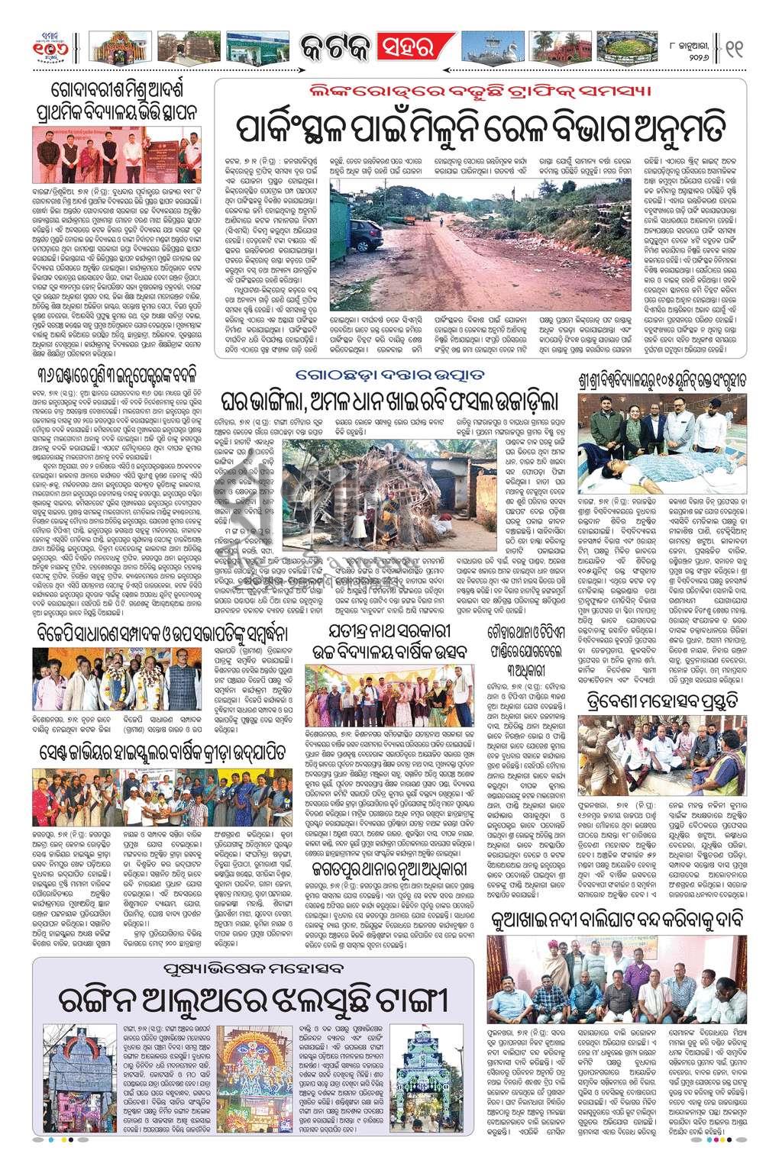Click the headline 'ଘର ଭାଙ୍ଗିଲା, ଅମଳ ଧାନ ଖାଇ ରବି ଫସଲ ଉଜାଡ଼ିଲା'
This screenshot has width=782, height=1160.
[x=390, y=400]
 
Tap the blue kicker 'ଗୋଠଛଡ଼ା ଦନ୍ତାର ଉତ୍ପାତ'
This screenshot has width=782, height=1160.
[x=390, y=374]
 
